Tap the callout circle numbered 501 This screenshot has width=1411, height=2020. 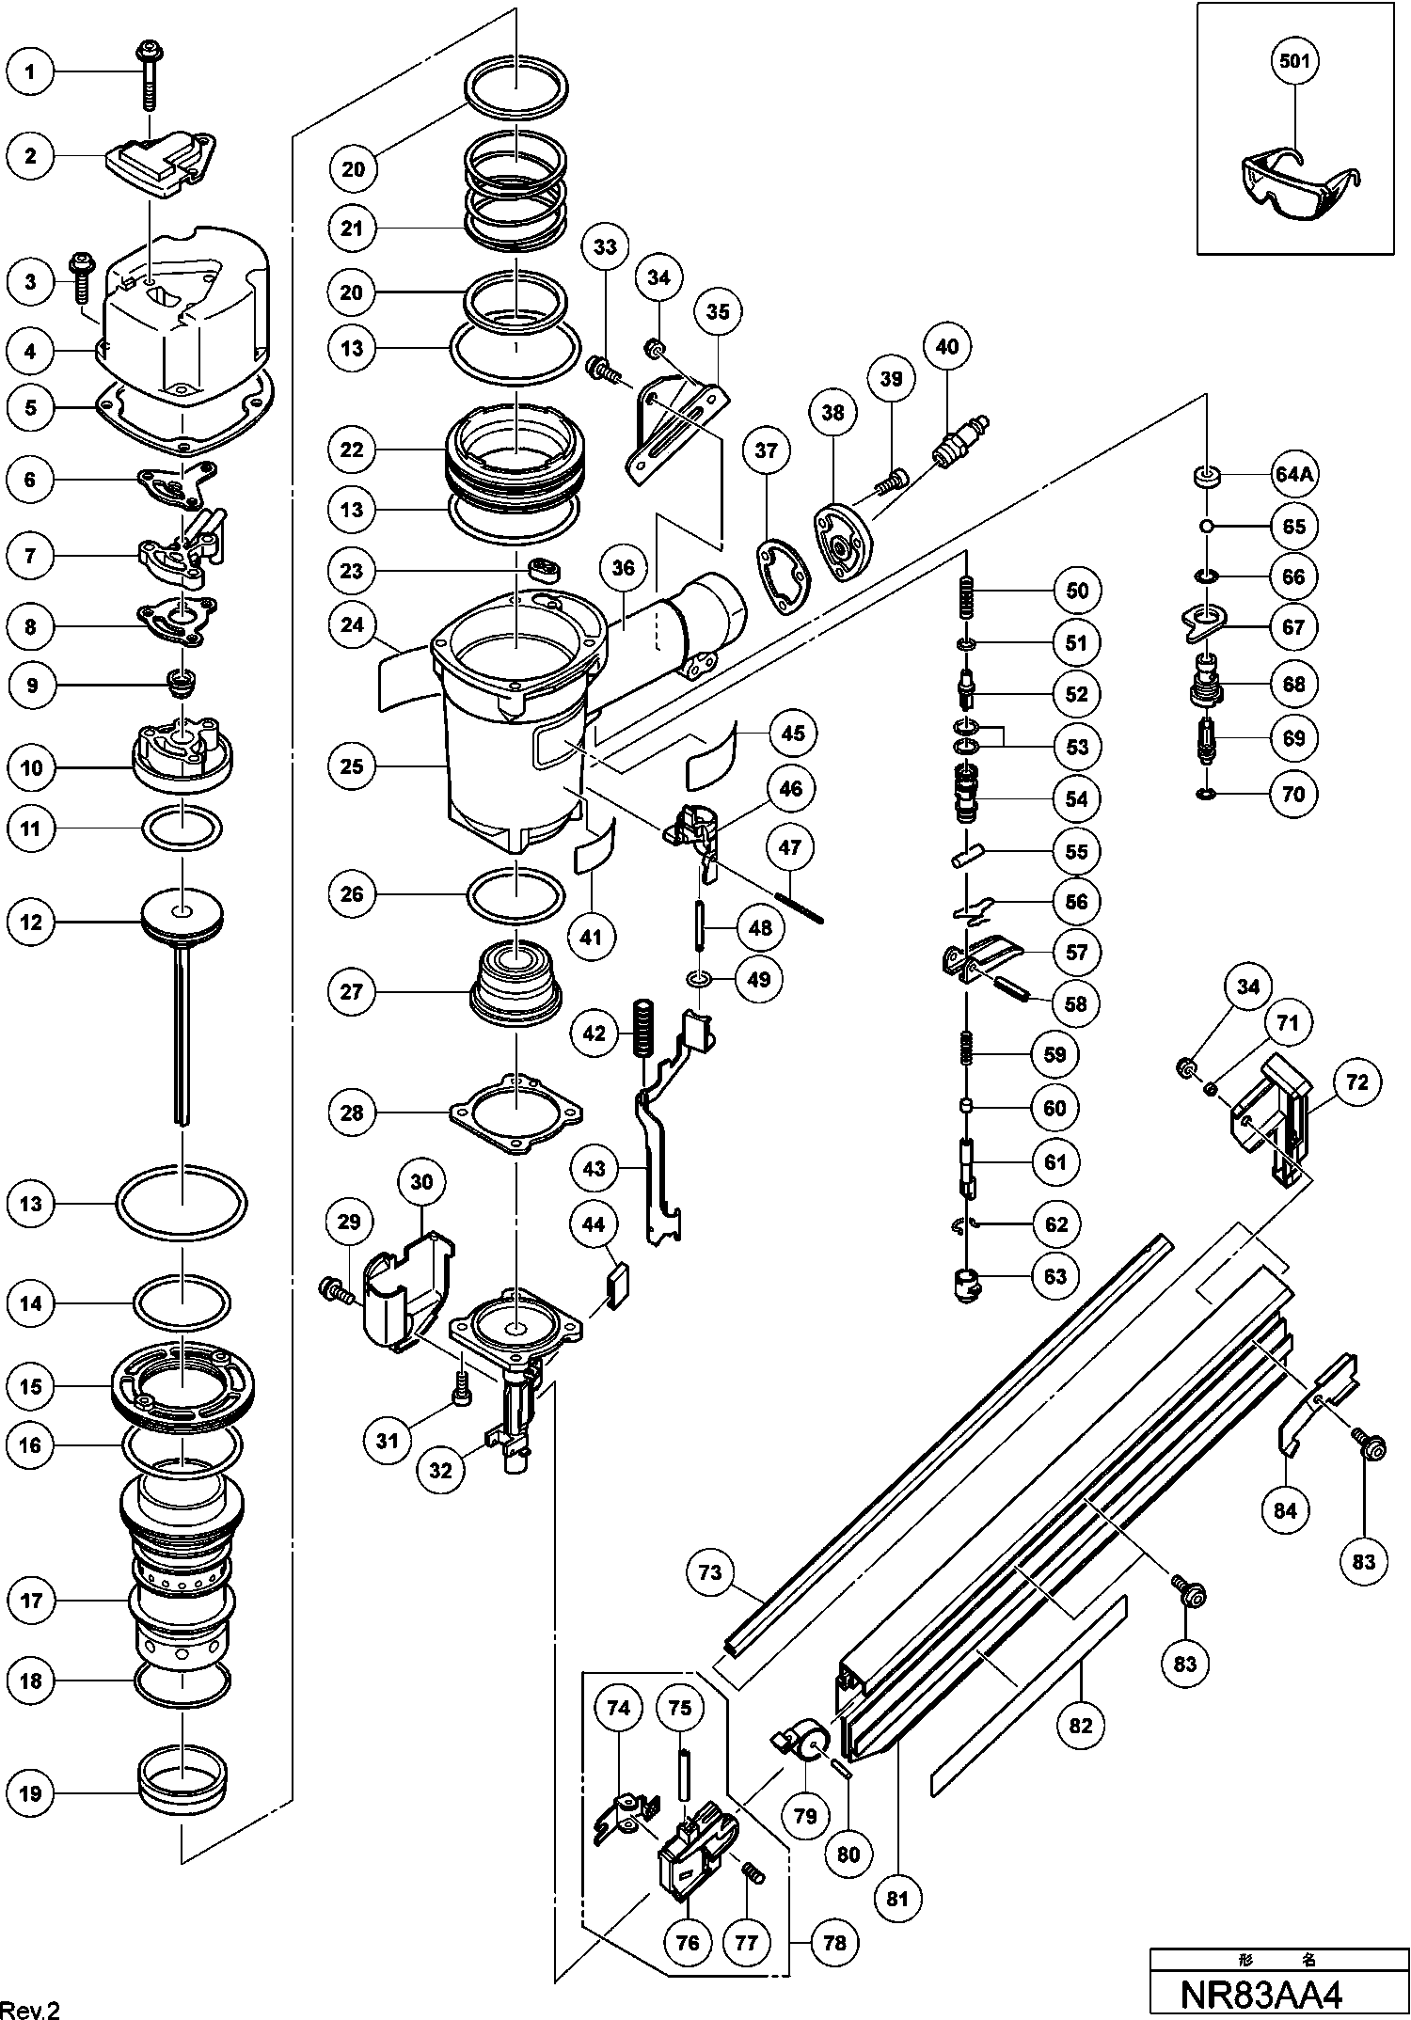pyautogui.click(x=1294, y=62)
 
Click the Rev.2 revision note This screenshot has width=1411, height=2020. pyautogui.click(x=32, y=2009)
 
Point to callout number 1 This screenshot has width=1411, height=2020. pyautogui.click(x=31, y=71)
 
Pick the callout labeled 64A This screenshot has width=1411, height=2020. pyautogui.click(x=1293, y=476)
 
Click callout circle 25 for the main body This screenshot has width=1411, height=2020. pyautogui.click(x=352, y=766)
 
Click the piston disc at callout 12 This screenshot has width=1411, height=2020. pyautogui.click(x=182, y=914)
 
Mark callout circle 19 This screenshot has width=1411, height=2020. pyautogui.click(x=31, y=1793)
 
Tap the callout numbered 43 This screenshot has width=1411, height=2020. pyautogui.click(x=595, y=1169)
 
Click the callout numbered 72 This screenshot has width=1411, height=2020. pyautogui.click(x=1357, y=1082)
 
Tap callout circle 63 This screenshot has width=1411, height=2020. pyautogui.click(x=1055, y=1276)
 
